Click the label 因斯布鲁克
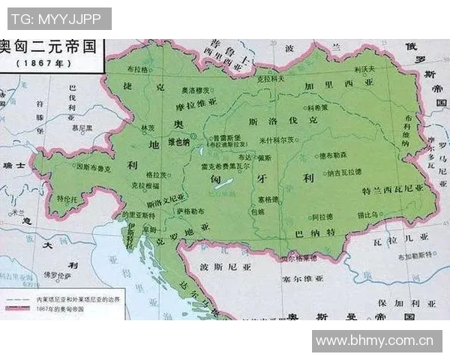[x=94, y=169]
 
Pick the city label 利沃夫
[x=364, y=69]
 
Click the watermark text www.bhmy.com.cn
[x=375, y=340]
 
